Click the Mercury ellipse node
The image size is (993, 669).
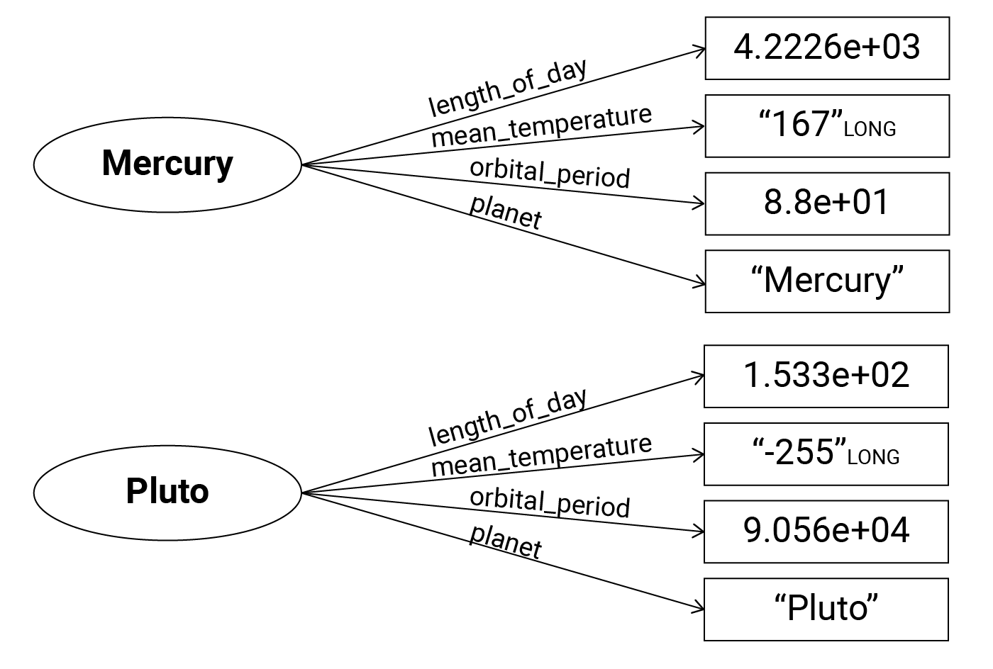pos(167,164)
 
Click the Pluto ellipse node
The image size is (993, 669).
pos(167,491)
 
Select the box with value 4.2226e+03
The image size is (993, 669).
pos(827,48)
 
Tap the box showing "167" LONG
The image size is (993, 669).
pos(827,126)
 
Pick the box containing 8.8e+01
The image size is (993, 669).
pos(827,203)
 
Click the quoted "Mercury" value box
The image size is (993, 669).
pos(827,281)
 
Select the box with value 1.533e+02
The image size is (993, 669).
pos(826,376)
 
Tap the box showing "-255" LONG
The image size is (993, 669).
pos(826,454)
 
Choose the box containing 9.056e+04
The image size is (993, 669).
pos(826,532)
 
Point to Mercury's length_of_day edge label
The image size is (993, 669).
pos(508,88)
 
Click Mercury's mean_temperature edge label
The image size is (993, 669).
pos(541,126)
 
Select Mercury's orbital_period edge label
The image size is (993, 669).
pos(550,174)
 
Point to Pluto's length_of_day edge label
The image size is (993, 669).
pos(508,417)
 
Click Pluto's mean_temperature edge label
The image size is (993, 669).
pos(541,455)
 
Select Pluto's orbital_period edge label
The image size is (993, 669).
pos(550,503)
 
